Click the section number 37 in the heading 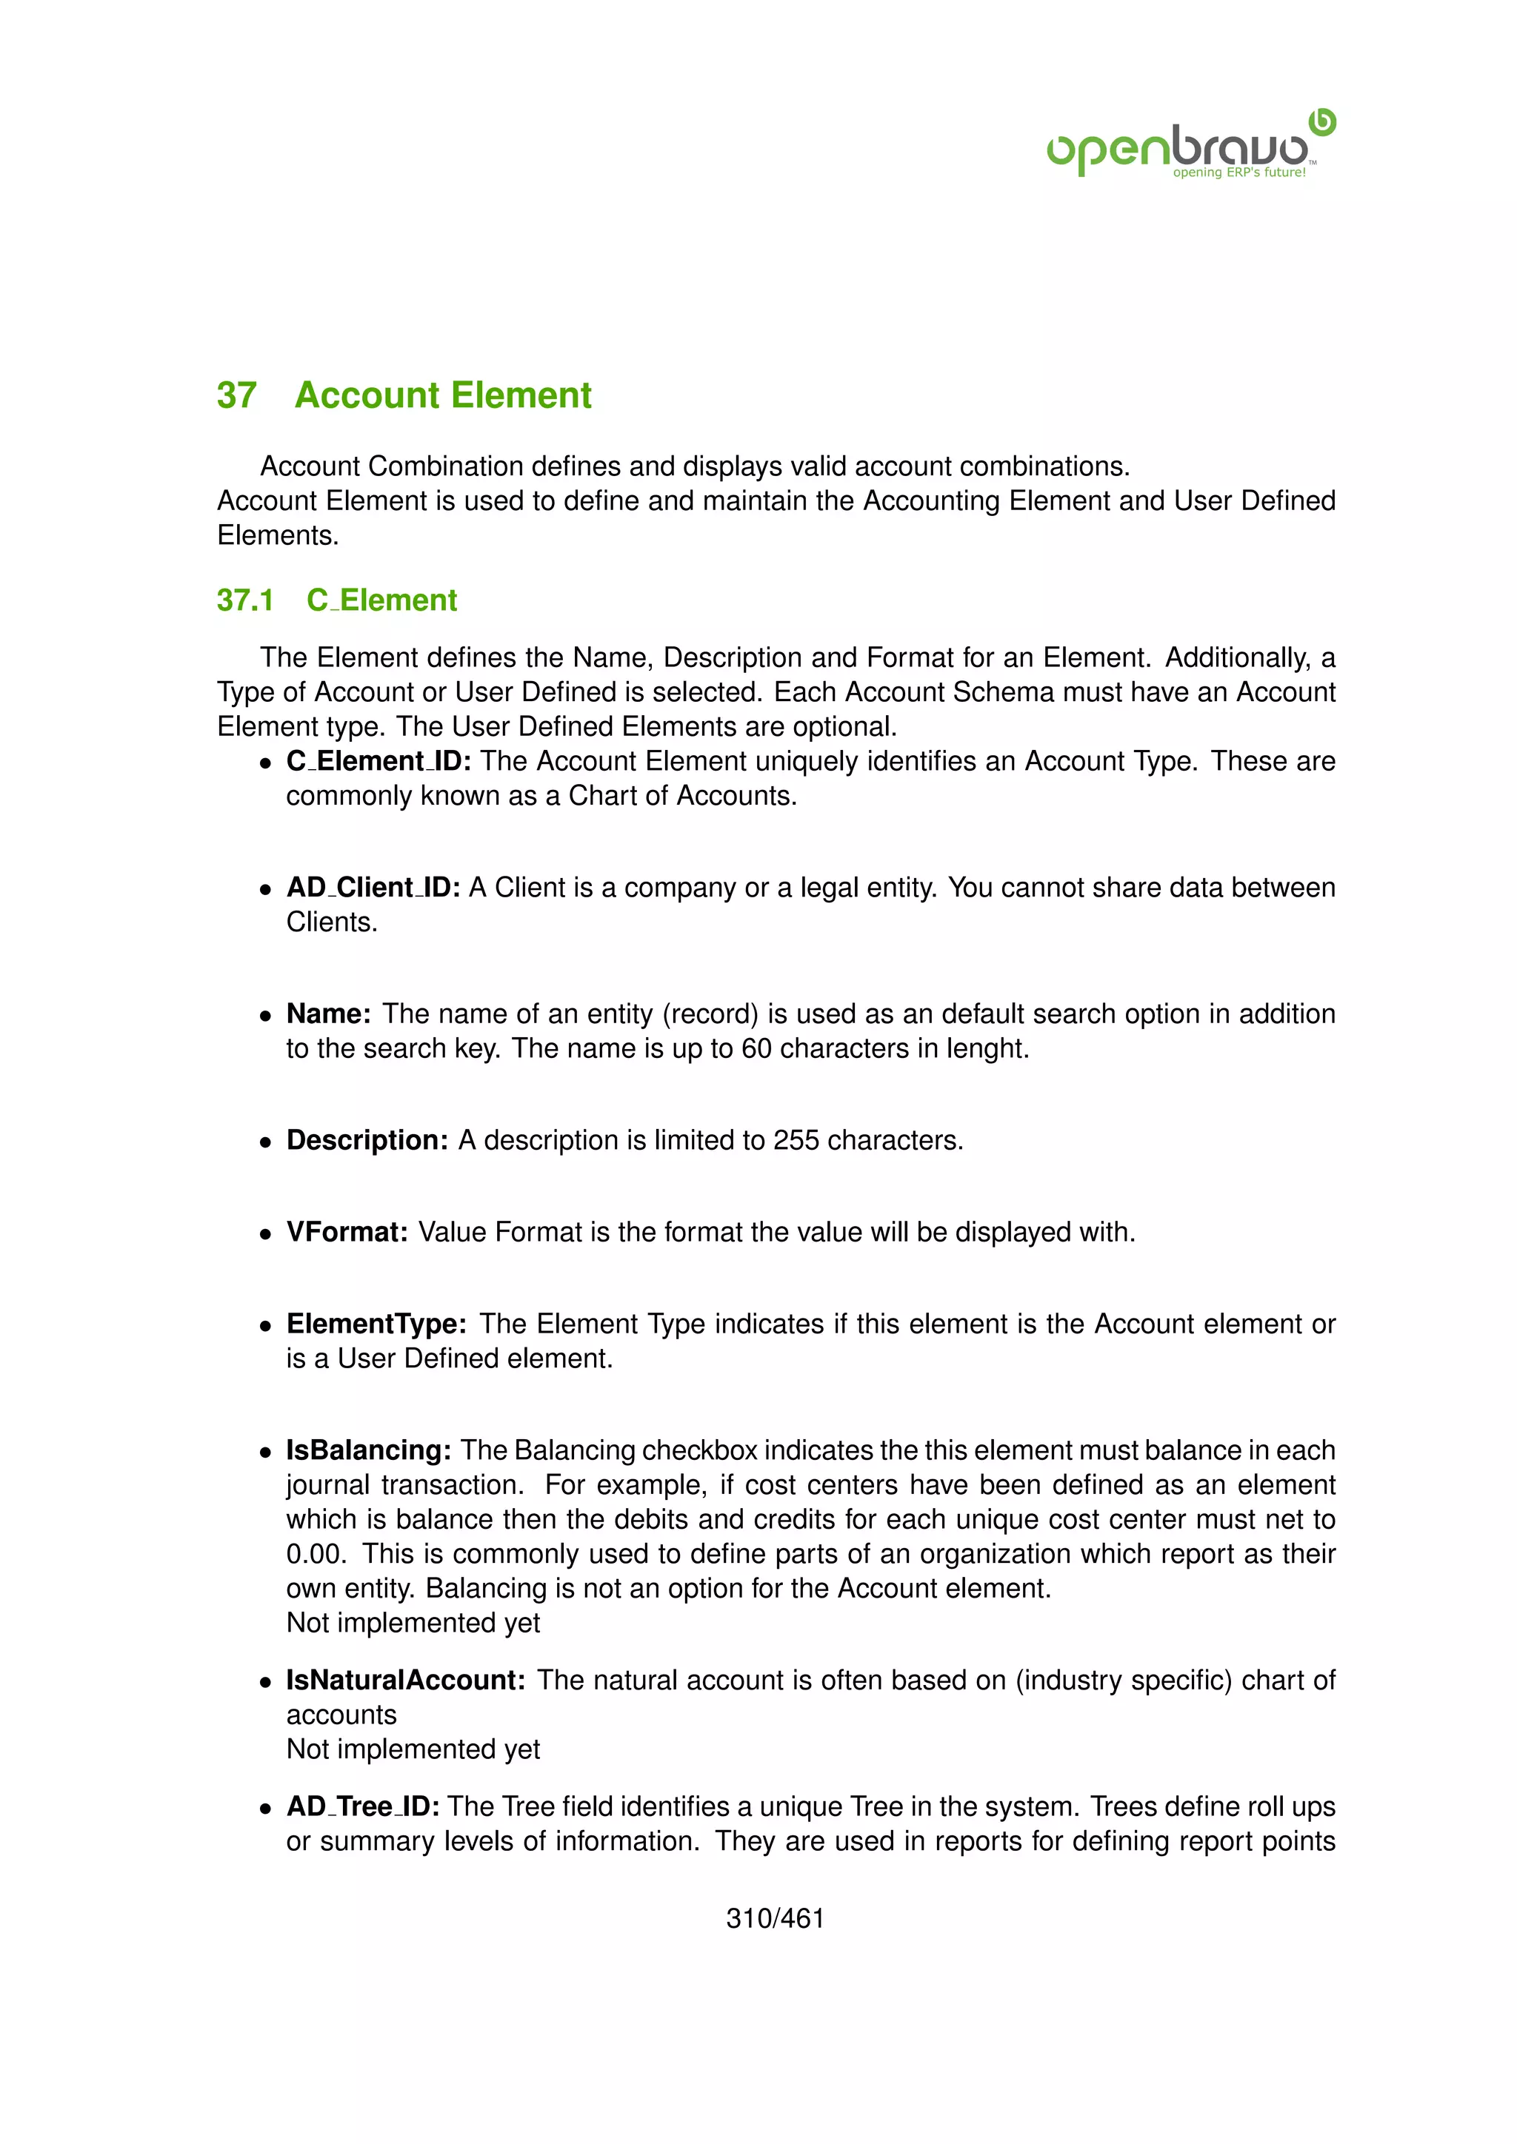click(x=236, y=395)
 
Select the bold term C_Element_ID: click(x=379, y=761)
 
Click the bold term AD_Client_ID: click(x=373, y=887)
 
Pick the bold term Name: click(x=329, y=1014)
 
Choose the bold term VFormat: click(x=347, y=1232)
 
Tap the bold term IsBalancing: click(x=369, y=1450)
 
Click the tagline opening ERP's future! click(x=1238, y=172)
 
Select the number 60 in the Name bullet click(x=756, y=1048)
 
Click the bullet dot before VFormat click(x=266, y=1233)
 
